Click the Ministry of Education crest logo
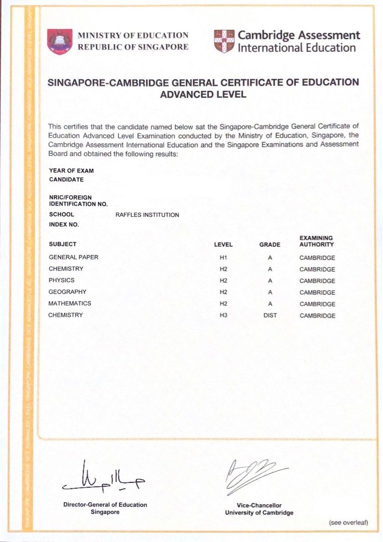point(60,41)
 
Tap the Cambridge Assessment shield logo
point(224,41)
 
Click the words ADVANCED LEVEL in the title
point(203,94)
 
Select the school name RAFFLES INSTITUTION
point(147,215)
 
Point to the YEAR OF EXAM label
point(71,171)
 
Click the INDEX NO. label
point(64,225)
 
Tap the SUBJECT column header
point(63,244)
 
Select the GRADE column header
point(270,245)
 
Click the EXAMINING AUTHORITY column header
point(317,241)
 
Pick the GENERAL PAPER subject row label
point(74,257)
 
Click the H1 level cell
point(223,258)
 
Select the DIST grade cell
point(270,316)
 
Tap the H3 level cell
point(223,316)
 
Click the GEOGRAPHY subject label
point(68,292)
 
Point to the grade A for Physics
point(270,281)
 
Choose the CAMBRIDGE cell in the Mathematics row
point(317,304)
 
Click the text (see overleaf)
point(348,522)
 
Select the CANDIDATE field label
point(66,179)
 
